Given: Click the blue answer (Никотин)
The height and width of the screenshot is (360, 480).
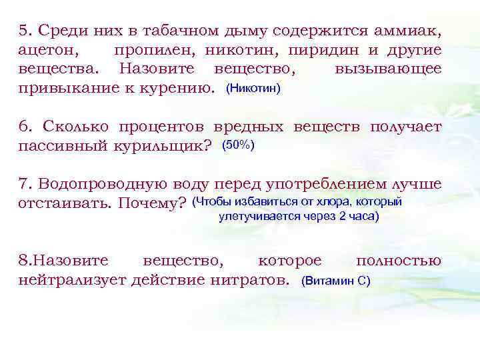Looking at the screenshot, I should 254,88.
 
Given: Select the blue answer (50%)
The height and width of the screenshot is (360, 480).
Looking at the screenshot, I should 237,145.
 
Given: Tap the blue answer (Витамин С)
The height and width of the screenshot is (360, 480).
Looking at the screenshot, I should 336,281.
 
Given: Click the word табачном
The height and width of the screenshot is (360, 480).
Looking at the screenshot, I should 163,31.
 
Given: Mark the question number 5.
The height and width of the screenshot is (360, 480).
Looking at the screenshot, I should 25,31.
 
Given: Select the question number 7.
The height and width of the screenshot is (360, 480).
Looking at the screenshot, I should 25,184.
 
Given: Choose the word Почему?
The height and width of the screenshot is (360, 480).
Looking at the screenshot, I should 151,203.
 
